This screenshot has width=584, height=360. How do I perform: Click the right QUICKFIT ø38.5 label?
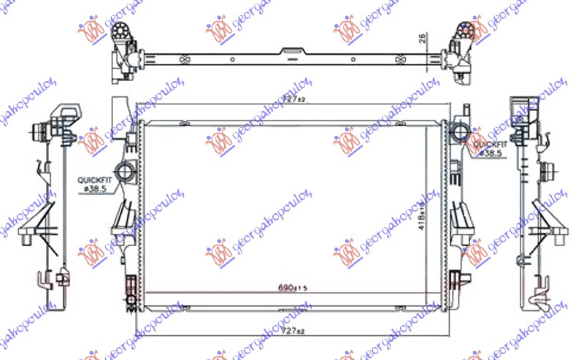[487, 149]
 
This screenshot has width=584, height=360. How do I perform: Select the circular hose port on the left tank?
[126, 174]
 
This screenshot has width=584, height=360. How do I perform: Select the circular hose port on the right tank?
[461, 133]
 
